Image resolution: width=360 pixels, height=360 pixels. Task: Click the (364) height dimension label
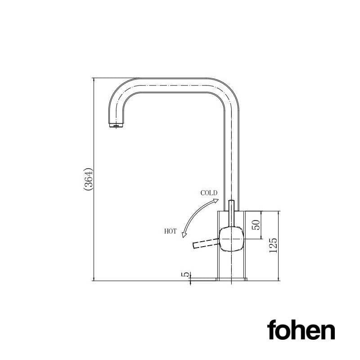[x=88, y=180]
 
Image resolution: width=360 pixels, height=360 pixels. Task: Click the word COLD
[x=209, y=193]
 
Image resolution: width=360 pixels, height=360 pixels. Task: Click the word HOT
[x=170, y=231]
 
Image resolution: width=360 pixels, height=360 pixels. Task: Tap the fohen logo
[x=301, y=331]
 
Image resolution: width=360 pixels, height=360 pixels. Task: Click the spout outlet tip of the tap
[x=116, y=126]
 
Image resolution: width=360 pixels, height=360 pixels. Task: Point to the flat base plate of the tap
[x=231, y=279]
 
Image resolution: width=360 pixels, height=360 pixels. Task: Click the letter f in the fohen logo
[x=272, y=330]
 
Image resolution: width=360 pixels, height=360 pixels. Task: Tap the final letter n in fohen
[x=328, y=332]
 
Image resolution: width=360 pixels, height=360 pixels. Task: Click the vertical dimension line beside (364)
[x=93, y=180]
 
